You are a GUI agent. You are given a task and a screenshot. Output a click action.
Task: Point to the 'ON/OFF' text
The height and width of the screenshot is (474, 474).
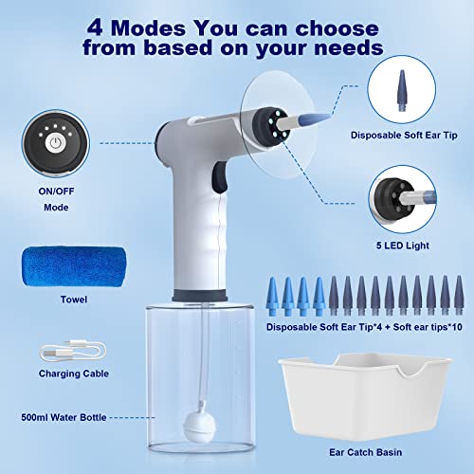click(60, 190)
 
